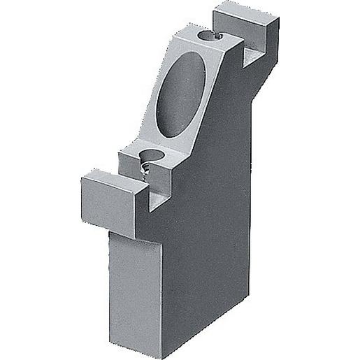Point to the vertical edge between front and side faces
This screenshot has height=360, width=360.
[x=168, y=294]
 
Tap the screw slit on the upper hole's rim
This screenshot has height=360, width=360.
[x=219, y=34]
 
